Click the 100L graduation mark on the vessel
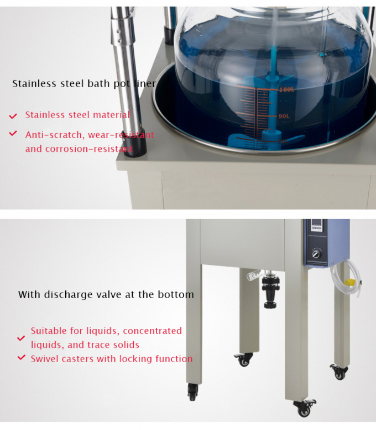click(286, 89)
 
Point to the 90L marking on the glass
click(284, 116)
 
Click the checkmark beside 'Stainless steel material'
click(13, 116)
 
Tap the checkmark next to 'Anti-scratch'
click(13, 134)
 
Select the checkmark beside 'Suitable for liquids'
click(21, 338)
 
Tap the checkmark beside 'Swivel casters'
click(21, 358)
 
